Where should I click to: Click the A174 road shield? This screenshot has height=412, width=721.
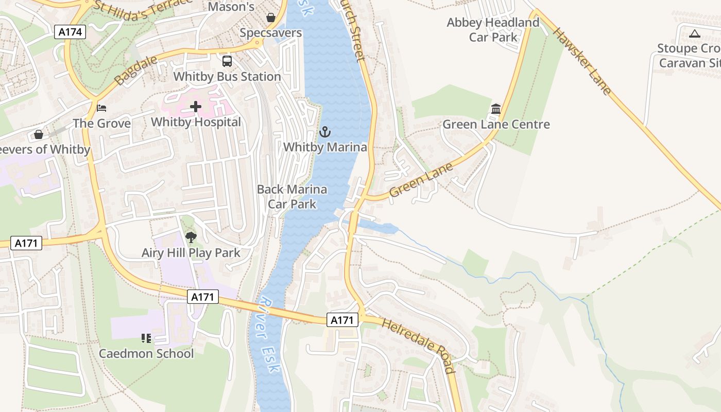[70, 32]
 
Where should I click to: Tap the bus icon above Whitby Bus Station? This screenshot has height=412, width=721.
[227, 61]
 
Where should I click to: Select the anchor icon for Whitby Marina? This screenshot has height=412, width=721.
[324, 132]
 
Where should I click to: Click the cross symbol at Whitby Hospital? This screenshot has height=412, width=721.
[196, 107]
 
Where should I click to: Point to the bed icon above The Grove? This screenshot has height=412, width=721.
[101, 108]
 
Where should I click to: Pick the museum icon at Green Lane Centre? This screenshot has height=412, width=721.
[496, 109]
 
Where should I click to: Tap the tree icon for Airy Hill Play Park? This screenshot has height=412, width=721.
[191, 237]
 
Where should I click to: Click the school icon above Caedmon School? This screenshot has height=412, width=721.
[146, 338]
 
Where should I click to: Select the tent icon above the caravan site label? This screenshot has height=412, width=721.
[694, 34]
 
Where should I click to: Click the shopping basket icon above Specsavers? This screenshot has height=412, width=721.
[271, 18]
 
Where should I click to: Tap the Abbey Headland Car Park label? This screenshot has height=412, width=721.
[493, 30]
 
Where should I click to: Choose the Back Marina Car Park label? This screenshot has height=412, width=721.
[292, 197]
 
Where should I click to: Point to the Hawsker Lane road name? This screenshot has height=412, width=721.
[582, 61]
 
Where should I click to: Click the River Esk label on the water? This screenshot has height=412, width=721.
[269, 335]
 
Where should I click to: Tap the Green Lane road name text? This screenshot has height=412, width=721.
[421, 180]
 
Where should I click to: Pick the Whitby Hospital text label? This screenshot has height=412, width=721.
[196, 122]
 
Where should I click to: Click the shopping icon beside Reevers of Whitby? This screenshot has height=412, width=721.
[39, 134]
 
